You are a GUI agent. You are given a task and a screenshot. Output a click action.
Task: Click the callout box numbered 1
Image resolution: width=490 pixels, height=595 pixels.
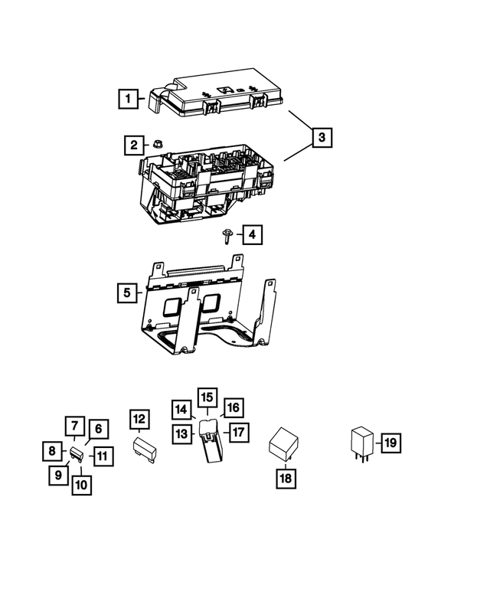[129, 98]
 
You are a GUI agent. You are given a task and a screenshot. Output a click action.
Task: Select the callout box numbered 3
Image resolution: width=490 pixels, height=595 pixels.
[322, 138]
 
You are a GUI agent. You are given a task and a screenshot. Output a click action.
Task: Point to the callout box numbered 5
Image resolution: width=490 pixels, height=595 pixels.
[129, 293]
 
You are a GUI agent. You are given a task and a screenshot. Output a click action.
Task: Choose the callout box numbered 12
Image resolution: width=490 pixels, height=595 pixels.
[139, 419]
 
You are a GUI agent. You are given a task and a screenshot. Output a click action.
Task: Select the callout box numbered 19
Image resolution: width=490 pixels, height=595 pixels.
[390, 443]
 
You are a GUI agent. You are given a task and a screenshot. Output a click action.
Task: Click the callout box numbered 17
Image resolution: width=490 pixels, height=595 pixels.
[237, 432]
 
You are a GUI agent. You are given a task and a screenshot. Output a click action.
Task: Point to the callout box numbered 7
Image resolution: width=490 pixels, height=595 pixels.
[74, 427]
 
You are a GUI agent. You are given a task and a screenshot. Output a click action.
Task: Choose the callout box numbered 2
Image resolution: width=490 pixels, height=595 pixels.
[133, 144]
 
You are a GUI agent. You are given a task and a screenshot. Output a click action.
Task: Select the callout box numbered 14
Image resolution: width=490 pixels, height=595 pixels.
[181, 409]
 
